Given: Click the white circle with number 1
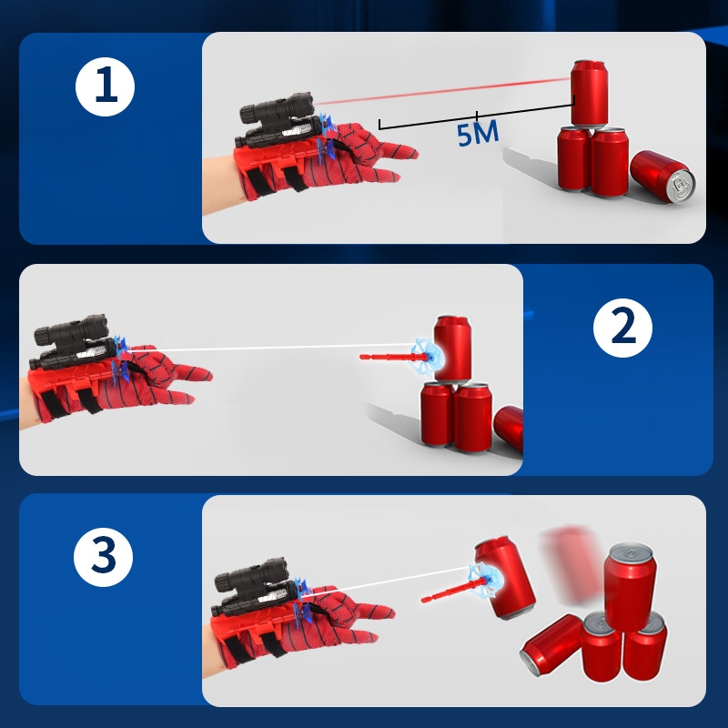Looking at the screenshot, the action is click(x=105, y=86).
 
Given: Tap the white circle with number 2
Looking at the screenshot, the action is click(x=622, y=328).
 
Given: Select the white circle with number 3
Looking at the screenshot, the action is click(x=103, y=557).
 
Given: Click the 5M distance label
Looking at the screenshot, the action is click(x=478, y=133).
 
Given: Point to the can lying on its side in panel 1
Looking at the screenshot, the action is click(x=662, y=177).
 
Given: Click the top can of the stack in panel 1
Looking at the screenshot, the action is click(x=589, y=94).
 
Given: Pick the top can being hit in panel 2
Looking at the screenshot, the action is click(x=452, y=349).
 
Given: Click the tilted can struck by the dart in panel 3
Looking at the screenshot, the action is click(x=505, y=578).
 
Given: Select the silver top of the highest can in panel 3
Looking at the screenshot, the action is click(x=631, y=552).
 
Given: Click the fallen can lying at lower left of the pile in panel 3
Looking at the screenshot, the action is click(x=551, y=645).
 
